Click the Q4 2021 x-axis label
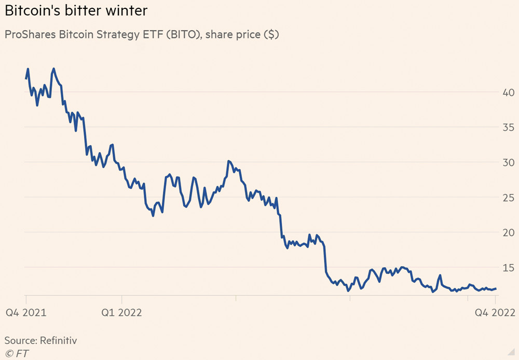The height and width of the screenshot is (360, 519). (26, 312)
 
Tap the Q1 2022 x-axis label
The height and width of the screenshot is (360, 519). (121, 312)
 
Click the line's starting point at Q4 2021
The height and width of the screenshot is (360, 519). (26, 78)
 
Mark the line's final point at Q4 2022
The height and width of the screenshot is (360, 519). (496, 288)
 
